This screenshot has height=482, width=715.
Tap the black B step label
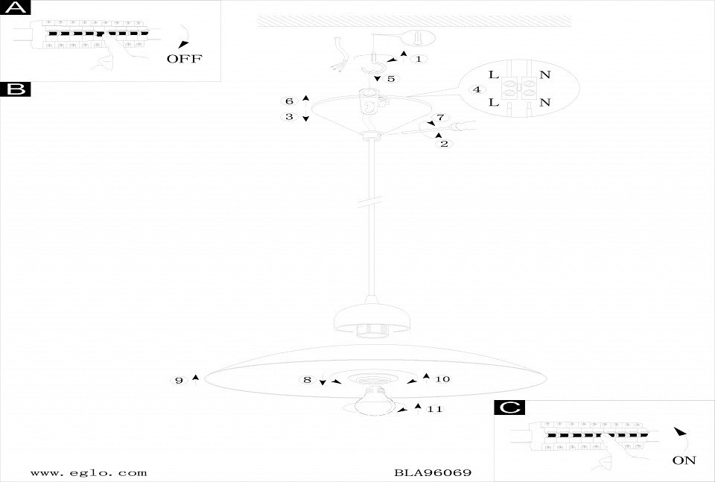[16, 90]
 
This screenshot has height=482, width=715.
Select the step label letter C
[509, 408]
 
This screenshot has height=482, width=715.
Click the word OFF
[184, 59]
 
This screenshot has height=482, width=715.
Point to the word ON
[684, 460]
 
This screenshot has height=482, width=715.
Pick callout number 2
[444, 144]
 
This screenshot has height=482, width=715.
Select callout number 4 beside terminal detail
[475, 90]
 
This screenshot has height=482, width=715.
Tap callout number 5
[391, 77]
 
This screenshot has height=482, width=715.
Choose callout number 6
[290, 101]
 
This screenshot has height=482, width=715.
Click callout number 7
[439, 118]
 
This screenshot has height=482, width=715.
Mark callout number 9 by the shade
[179, 381]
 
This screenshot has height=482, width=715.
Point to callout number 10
[442, 379]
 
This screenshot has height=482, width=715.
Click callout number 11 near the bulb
[436, 409]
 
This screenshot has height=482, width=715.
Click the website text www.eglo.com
[89, 472]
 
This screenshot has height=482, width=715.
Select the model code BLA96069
[433, 472]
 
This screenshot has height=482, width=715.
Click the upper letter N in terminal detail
[544, 74]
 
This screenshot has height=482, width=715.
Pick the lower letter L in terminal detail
[494, 103]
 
